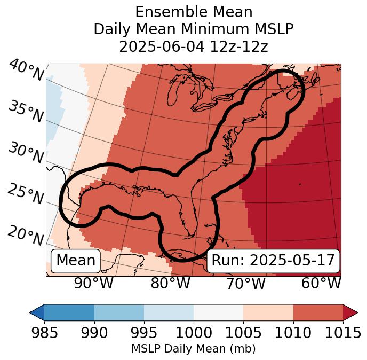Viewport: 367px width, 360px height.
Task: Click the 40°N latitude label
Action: [26, 71]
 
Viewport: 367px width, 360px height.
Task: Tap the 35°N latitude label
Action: [26, 112]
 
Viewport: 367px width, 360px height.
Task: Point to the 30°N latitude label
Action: [26, 153]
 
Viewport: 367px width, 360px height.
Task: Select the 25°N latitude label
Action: [26, 194]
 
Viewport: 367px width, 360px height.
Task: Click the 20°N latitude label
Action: [26, 236]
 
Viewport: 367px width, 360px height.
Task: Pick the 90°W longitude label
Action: [93, 284]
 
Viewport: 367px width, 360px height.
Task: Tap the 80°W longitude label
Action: [170, 284]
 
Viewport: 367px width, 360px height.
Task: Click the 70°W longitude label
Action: [245, 284]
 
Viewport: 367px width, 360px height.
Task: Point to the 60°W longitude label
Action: [321, 284]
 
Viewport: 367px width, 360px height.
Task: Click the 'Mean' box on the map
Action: [76, 261]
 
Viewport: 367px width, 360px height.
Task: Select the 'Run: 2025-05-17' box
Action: [273, 261]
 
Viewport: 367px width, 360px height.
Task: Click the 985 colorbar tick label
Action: [44, 333]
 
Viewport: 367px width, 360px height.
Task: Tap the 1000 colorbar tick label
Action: [194, 333]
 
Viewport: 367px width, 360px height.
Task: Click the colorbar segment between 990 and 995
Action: [119, 312]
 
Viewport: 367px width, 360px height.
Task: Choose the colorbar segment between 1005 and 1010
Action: [268, 312]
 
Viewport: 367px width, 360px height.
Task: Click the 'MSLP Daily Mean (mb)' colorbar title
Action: [193, 349]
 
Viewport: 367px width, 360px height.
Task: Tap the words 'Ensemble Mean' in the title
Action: [194, 12]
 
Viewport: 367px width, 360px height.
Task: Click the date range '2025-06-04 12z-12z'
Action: [194, 46]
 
